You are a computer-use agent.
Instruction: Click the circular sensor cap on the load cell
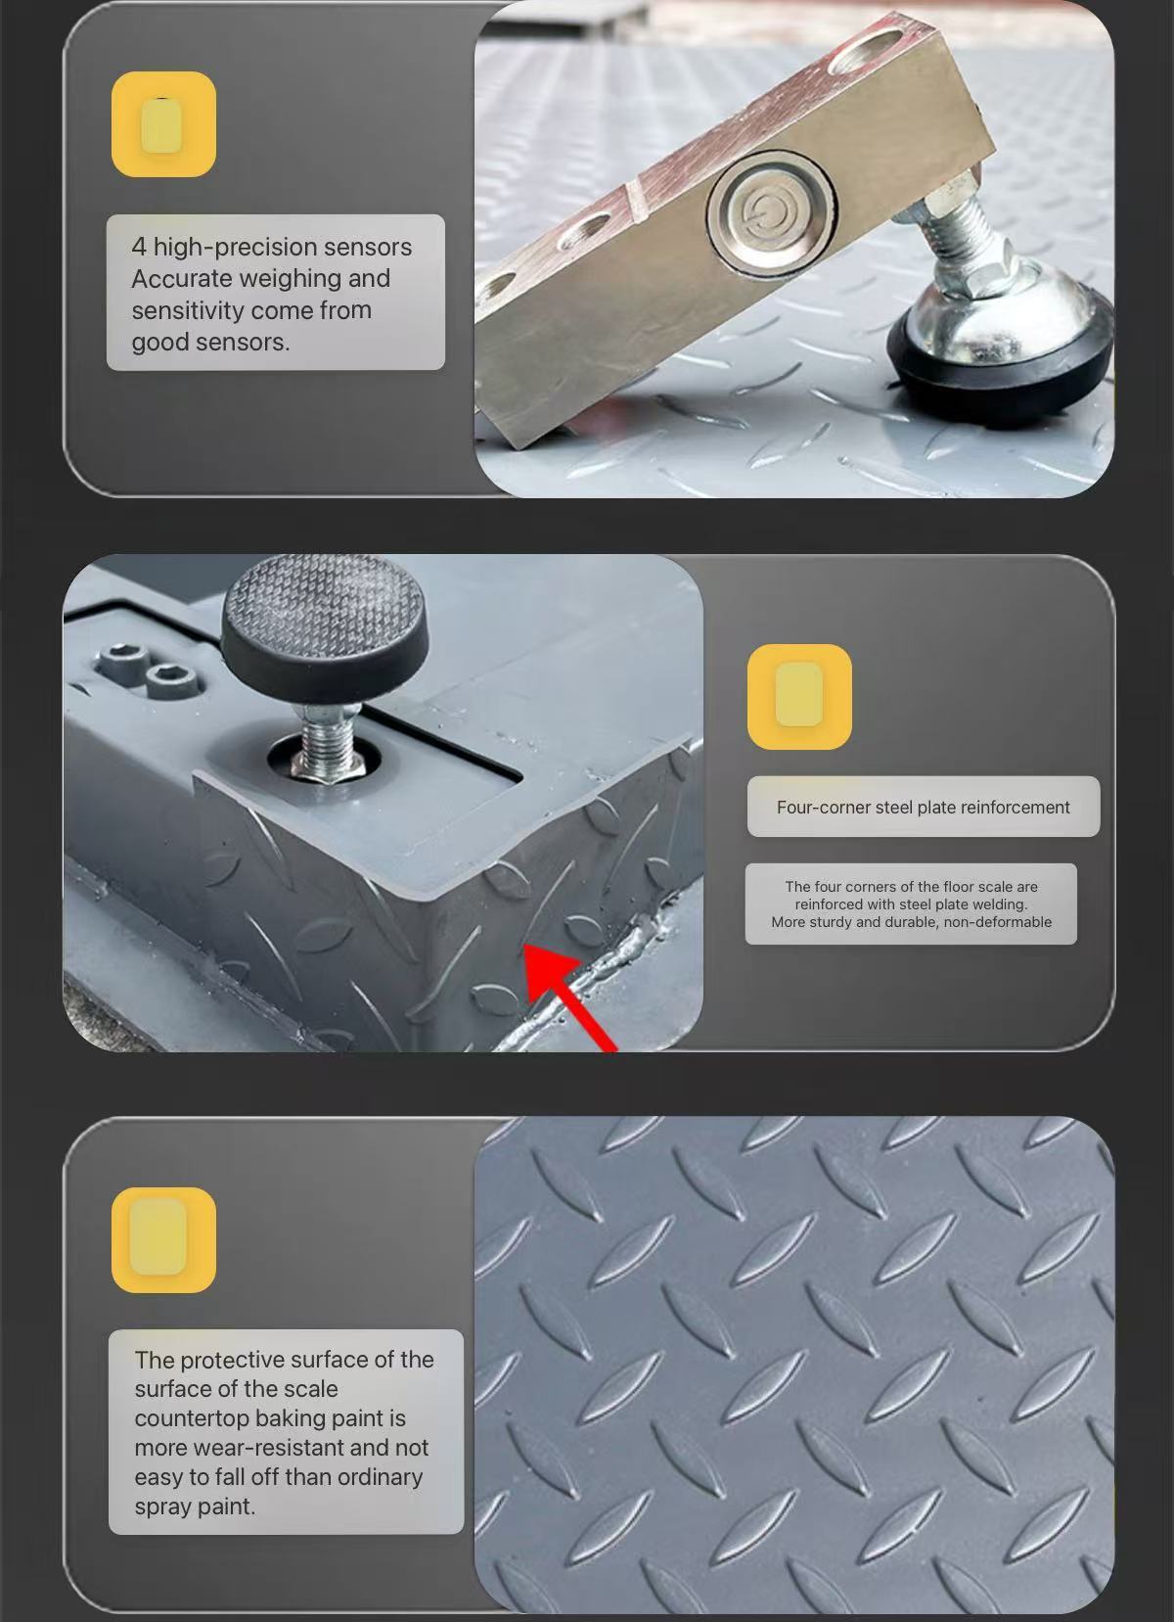[x=771, y=212]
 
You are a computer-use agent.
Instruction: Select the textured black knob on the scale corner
[x=324, y=627]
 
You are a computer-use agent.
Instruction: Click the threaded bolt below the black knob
[x=327, y=741]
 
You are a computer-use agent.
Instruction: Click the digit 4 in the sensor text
[x=139, y=247]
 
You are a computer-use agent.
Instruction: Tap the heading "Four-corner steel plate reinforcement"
[x=923, y=808]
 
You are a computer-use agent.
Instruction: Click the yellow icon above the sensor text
[x=163, y=124]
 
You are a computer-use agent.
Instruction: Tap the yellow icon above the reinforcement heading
[x=799, y=697]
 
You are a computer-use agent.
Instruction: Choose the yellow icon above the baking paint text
[x=163, y=1240]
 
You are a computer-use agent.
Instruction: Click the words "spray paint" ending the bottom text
[x=195, y=1506]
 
